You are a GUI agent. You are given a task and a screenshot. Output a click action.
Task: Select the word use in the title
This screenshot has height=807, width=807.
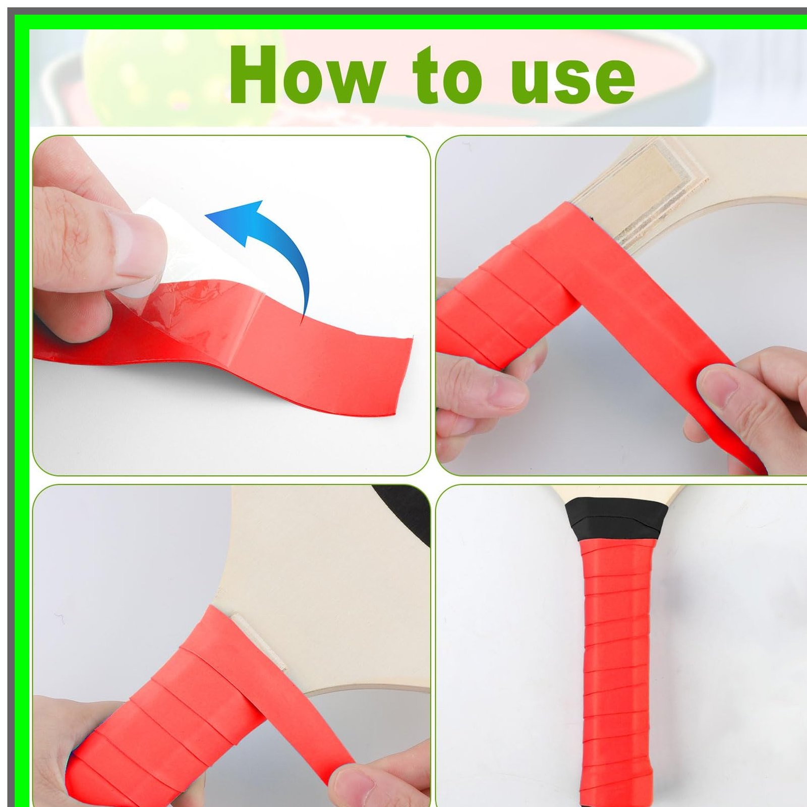(x=572, y=80)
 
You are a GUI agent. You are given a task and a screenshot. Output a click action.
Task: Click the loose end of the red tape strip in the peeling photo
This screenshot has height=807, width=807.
(x=403, y=376)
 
